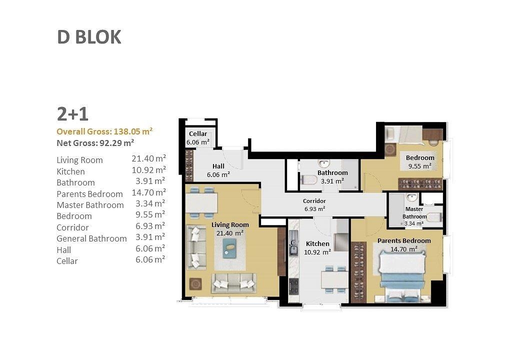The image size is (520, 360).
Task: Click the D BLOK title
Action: (89, 37)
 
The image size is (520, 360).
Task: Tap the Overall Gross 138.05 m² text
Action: (104, 131)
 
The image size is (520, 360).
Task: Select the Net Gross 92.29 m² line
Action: (95, 143)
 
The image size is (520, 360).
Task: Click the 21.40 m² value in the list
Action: (149, 159)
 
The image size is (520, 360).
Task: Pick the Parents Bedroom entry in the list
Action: (89, 194)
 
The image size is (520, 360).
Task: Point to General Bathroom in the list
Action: (91, 238)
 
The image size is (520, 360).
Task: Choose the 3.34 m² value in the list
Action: (150, 203)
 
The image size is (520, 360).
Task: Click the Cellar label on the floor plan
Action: (198, 134)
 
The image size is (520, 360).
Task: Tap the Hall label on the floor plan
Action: (218, 166)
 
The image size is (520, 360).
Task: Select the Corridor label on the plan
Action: (314, 201)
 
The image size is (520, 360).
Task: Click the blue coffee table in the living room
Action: (230, 248)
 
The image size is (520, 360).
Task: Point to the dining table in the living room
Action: (201, 203)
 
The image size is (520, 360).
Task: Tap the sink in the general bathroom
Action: (323, 164)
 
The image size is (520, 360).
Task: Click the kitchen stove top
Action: (294, 285)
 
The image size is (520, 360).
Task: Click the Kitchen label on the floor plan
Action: (317, 244)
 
